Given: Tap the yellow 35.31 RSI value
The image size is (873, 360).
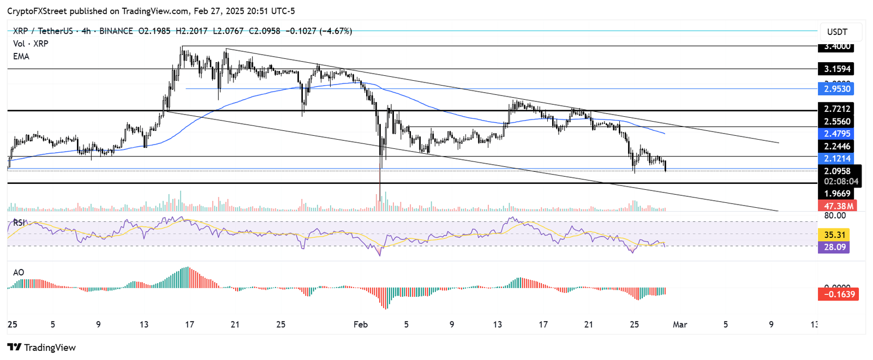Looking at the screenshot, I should (x=834, y=235).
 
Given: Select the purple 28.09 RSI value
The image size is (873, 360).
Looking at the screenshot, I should (x=834, y=247).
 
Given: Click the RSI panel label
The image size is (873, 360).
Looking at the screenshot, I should (x=19, y=223).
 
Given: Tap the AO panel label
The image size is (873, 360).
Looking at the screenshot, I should (x=19, y=273).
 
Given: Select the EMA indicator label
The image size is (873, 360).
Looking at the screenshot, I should (x=21, y=57).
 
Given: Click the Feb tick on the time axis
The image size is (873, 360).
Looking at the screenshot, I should (x=361, y=325).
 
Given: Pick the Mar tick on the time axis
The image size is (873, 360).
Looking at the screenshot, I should (x=680, y=325).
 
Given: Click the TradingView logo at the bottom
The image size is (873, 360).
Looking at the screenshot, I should (x=41, y=347).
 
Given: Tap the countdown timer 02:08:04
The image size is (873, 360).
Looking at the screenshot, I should (x=841, y=182).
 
